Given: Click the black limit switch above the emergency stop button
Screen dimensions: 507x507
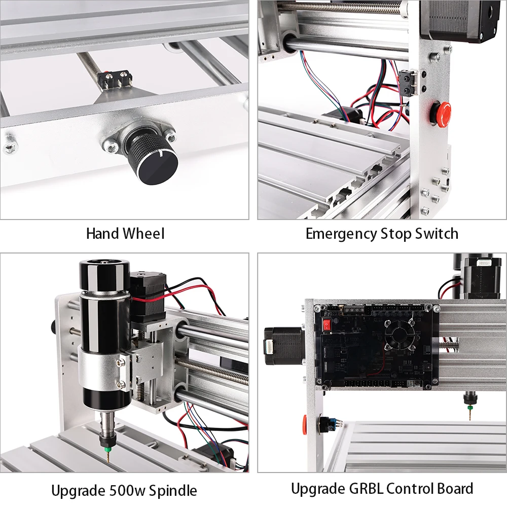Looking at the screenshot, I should tap(408, 81).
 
